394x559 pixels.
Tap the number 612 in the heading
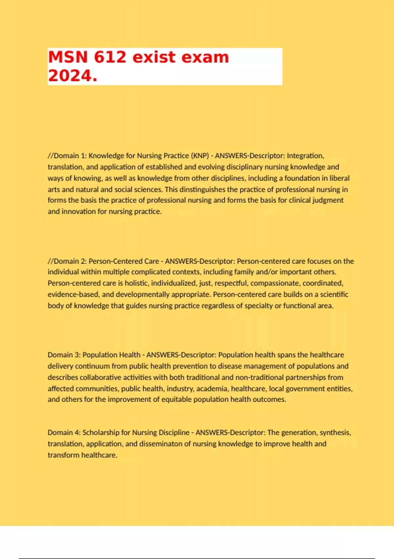click(110, 57)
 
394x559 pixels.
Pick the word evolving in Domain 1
click(211, 167)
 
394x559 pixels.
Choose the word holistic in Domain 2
click(136, 283)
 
